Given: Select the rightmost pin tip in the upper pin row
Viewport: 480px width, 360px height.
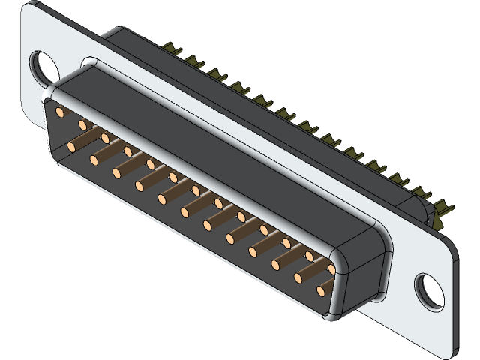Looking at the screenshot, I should pyautogui.click(x=331, y=267).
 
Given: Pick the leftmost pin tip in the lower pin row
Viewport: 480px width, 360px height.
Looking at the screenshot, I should pyautogui.click(x=72, y=145).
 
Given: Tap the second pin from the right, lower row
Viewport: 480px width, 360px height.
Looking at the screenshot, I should pyautogui.click(x=298, y=277).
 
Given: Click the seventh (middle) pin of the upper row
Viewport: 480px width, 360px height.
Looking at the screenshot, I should pyautogui.click(x=196, y=190).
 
